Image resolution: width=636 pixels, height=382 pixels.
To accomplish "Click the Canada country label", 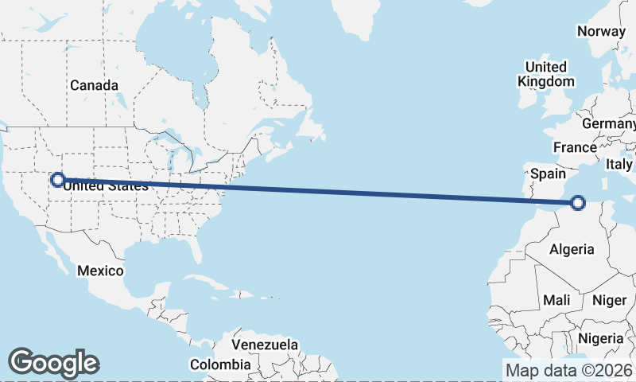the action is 94,85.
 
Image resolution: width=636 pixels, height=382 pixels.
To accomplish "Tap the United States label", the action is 106,186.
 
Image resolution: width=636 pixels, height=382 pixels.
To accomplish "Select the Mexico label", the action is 100,271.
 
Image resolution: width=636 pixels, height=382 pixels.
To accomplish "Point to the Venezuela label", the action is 265,345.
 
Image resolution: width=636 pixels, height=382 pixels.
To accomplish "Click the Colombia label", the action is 219,364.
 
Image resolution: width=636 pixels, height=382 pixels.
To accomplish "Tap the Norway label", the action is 601,31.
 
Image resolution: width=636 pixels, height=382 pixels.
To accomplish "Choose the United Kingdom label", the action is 545,74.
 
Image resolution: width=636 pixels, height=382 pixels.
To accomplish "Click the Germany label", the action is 609,124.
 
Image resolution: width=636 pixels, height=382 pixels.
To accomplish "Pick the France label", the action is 575,147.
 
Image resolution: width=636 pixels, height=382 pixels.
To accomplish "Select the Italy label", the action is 619,164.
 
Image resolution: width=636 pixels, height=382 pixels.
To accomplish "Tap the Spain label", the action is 549,173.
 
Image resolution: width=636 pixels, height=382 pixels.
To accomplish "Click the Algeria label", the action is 572,249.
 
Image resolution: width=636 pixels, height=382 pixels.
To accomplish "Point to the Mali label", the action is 556,300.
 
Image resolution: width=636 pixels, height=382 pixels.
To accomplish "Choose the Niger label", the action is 609,300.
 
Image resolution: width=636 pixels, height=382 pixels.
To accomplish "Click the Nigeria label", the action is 601,338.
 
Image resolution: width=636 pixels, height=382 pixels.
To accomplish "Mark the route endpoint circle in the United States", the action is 57,180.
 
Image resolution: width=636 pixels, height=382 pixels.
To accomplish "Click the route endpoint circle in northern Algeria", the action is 577,204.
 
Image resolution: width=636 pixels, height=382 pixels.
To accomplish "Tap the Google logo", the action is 53,362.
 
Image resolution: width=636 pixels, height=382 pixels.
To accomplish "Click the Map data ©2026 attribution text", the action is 569,370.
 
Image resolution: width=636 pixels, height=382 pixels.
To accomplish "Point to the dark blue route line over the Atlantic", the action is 358,192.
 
